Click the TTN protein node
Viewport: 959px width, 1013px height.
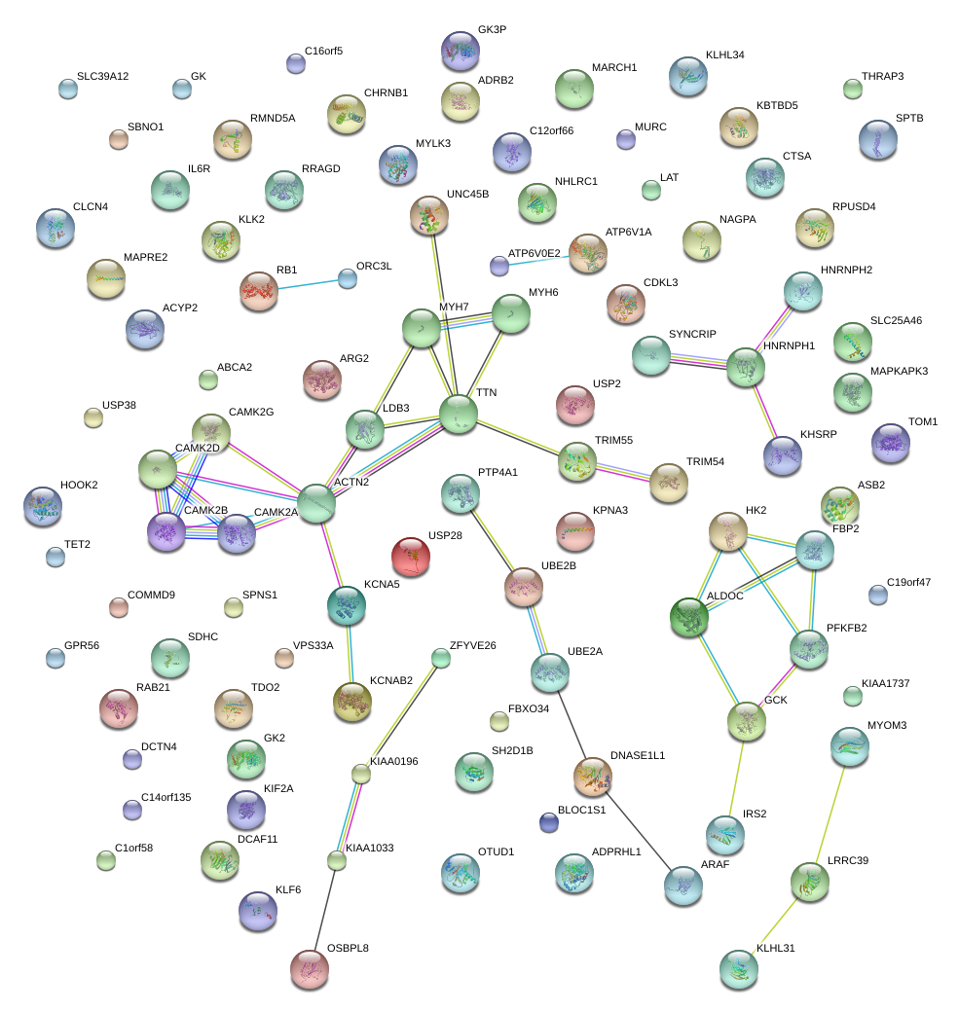459,414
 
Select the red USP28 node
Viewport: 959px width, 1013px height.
410,557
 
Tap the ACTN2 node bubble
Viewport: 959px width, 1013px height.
316,503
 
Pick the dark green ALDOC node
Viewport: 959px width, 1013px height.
689,617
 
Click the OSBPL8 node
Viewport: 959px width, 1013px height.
310,967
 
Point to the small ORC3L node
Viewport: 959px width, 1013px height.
348,278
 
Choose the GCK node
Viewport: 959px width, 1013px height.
746,720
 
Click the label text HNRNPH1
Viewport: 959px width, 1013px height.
789,346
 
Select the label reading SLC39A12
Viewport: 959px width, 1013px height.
102,77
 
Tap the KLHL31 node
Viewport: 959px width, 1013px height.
738,969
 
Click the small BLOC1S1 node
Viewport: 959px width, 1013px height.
549,822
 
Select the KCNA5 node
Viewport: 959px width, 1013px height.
346,604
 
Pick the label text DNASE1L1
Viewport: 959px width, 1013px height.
638,755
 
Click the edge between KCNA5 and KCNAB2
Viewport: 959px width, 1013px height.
349,652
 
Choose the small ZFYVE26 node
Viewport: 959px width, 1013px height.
441,659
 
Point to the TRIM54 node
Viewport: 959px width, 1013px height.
668,483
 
